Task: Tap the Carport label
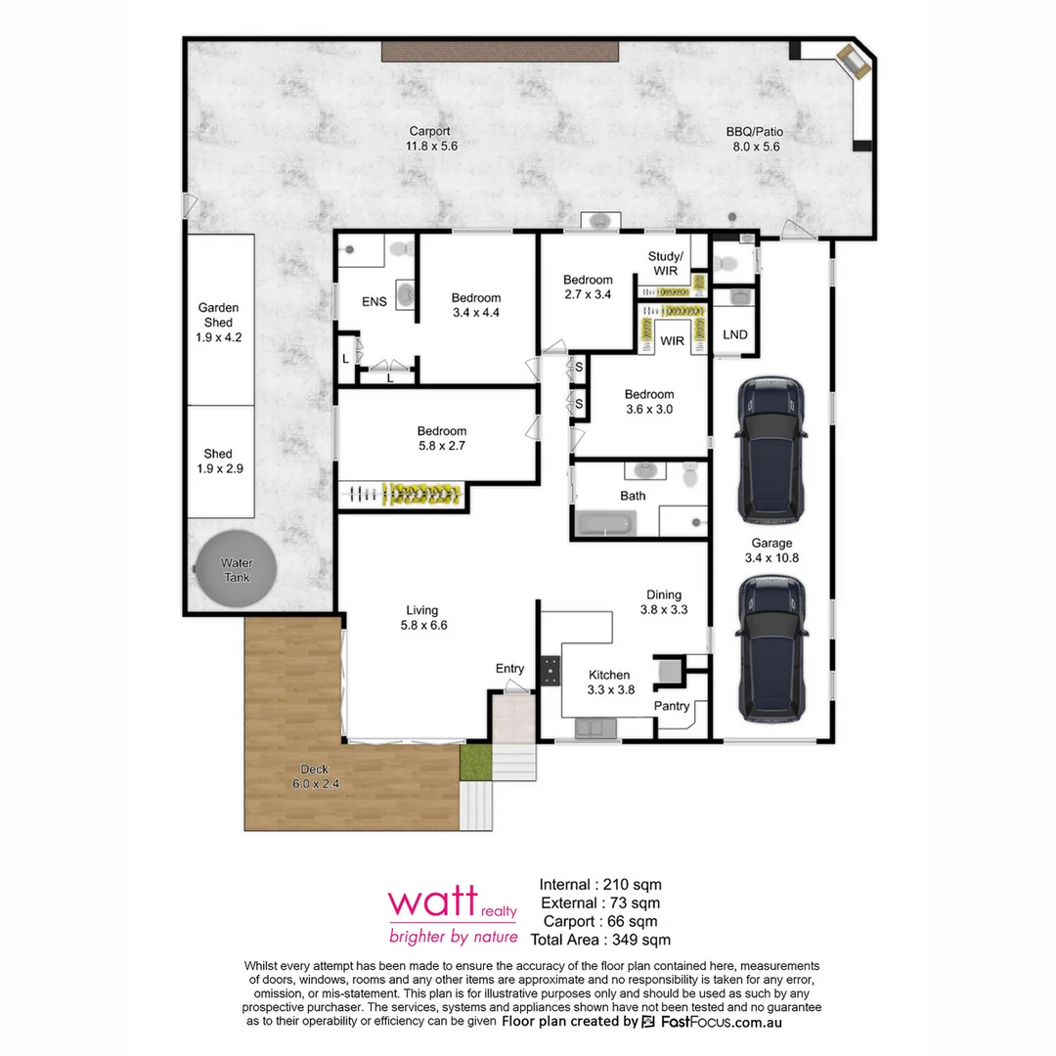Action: click(430, 138)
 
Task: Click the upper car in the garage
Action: click(772, 449)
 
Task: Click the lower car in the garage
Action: click(772, 647)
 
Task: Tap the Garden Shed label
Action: click(218, 322)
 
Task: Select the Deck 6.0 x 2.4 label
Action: click(315, 776)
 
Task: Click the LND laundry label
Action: click(734, 335)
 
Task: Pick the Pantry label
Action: click(672, 706)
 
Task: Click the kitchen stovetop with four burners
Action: click(552, 668)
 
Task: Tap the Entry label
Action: click(509, 669)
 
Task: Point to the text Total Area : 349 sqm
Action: click(600, 940)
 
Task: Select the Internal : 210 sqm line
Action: click(600, 885)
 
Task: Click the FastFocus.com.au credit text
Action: click(712, 1022)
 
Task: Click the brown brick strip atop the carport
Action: click(501, 52)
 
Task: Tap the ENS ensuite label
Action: click(374, 302)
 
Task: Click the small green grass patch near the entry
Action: click(474, 762)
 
